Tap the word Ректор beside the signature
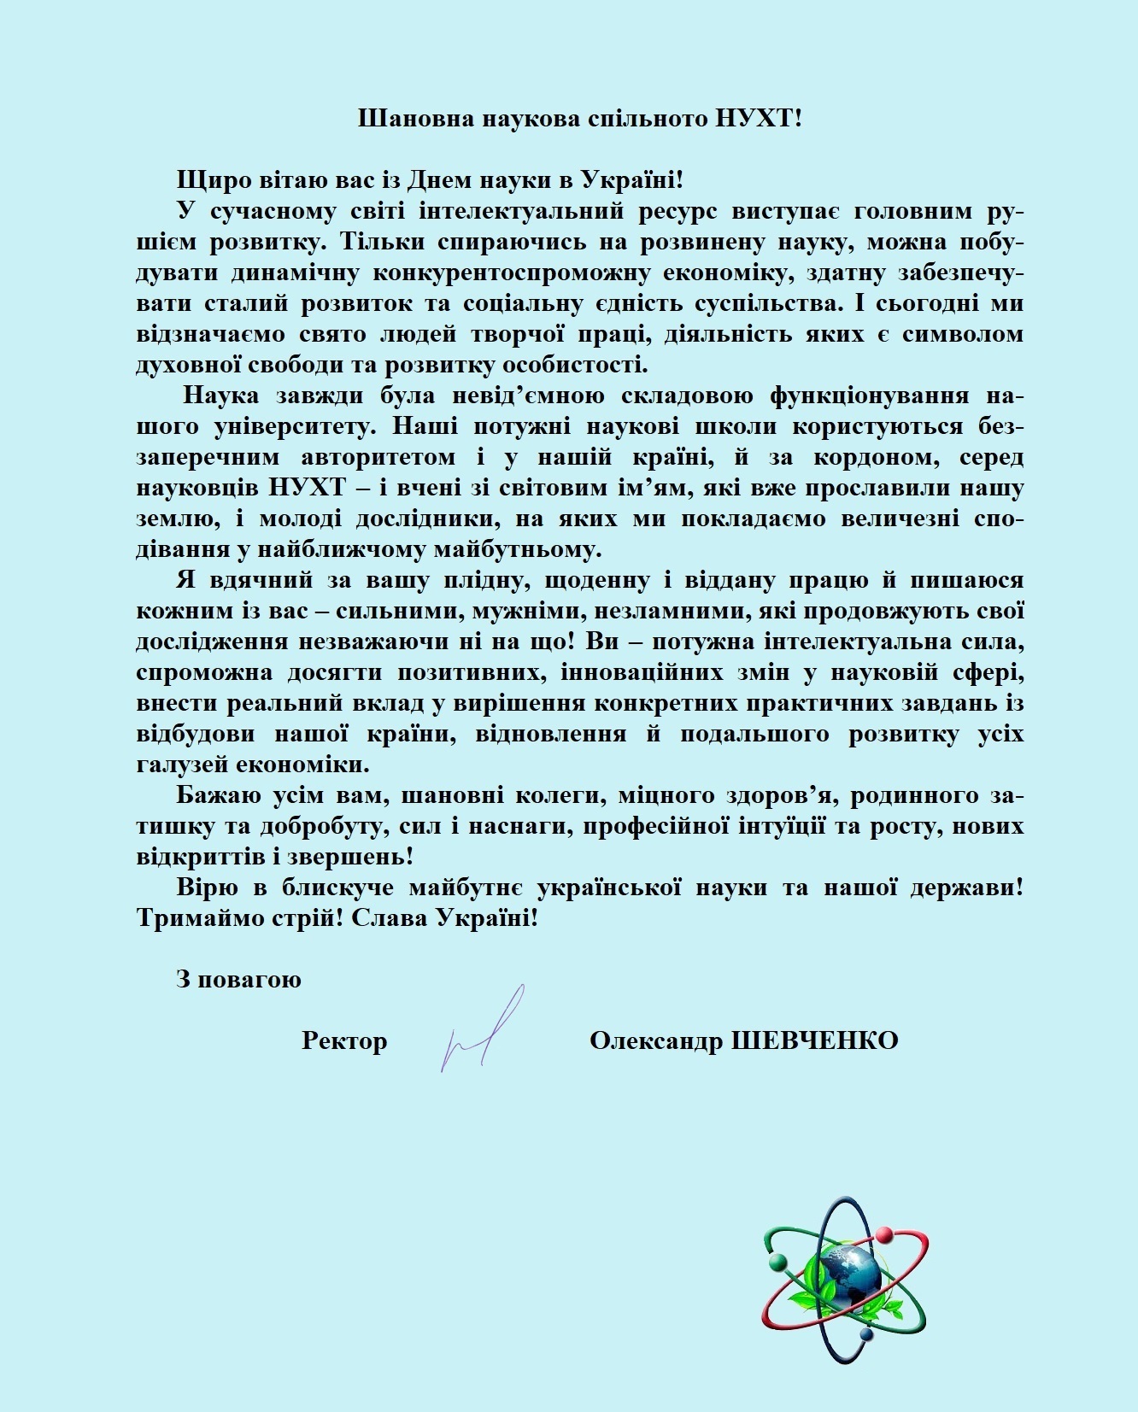pos(344,1040)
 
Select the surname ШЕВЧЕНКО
pos(815,1040)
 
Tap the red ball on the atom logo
pos(883,1236)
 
